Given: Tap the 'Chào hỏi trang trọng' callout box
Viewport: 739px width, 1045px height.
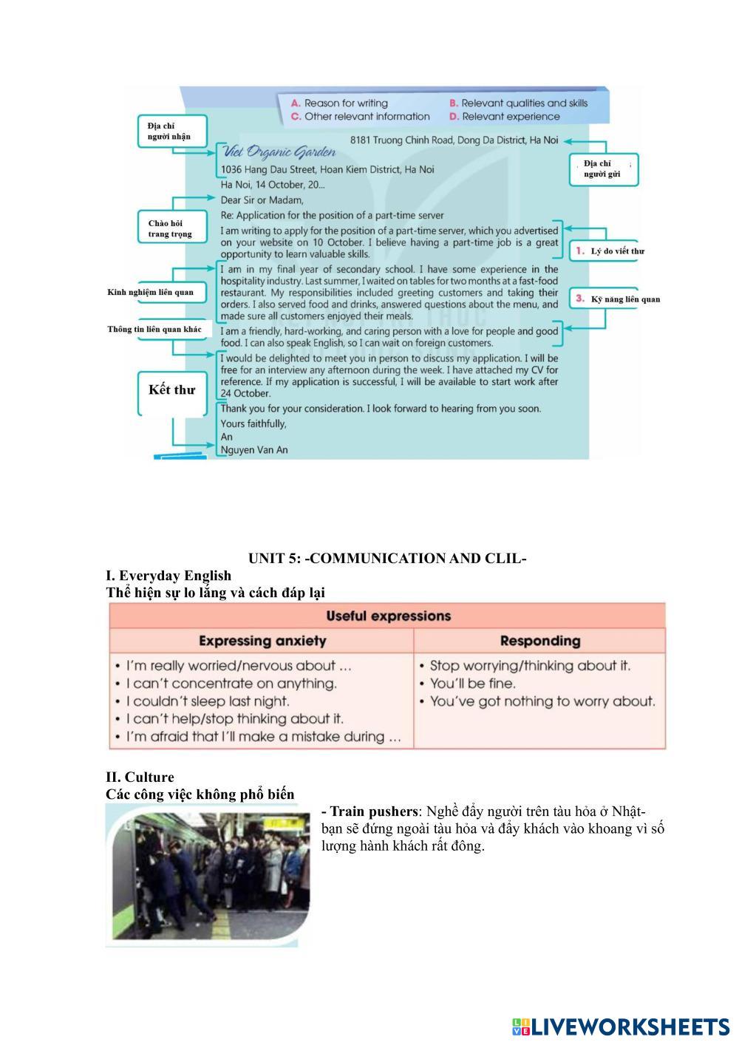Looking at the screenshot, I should click(x=171, y=228).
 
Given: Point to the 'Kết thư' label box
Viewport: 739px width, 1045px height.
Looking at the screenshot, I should click(x=171, y=390).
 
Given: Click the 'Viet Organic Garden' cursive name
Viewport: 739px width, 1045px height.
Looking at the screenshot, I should click(x=279, y=153).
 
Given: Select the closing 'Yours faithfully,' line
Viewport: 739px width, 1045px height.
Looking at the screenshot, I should click(x=253, y=423).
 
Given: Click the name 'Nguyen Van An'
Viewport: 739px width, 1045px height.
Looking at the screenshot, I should click(x=254, y=449).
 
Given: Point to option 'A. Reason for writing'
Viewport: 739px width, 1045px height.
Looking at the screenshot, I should click(x=339, y=103).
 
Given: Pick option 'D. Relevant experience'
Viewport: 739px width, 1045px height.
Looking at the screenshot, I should click(x=504, y=117).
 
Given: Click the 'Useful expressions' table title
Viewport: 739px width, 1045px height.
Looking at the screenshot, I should click(x=388, y=616).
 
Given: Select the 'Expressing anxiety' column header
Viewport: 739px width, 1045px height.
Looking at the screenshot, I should click(x=262, y=641).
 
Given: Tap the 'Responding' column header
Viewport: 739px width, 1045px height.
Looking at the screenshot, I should click(x=540, y=641).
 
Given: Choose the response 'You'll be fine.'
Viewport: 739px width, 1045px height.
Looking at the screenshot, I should click(x=473, y=684).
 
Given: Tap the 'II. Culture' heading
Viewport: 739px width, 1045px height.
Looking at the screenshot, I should click(x=140, y=777).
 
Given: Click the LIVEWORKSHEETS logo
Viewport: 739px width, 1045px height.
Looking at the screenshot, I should click(x=621, y=1027).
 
